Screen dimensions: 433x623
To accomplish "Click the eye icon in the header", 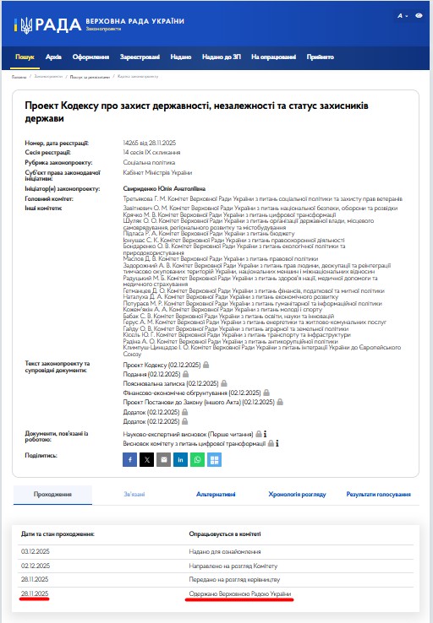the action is (x=419, y=16).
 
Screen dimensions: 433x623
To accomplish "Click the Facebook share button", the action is (x=129, y=459).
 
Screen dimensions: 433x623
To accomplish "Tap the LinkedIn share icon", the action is (x=180, y=459).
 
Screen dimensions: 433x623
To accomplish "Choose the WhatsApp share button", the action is (x=197, y=459).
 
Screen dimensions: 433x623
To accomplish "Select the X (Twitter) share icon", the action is (x=146, y=459).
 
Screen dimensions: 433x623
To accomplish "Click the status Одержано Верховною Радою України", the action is (x=239, y=596).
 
